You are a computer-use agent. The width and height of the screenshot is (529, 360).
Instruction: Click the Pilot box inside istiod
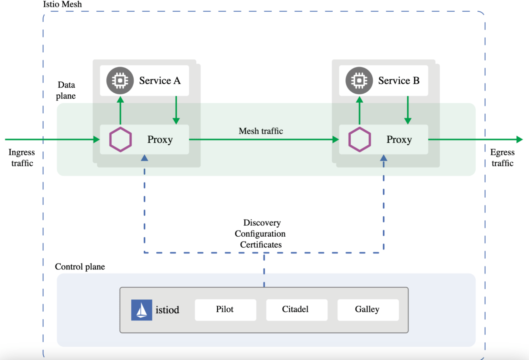tap(225, 310)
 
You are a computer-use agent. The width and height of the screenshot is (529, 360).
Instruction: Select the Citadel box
tap(296, 310)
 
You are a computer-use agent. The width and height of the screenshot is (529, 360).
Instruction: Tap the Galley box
tap(367, 310)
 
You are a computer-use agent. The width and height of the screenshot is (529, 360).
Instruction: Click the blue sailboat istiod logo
tap(142, 310)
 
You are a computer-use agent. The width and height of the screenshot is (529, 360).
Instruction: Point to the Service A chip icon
tap(120, 81)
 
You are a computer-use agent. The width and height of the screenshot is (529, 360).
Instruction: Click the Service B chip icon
tap(359, 81)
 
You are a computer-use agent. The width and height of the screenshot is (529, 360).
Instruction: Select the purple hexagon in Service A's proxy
tap(121, 140)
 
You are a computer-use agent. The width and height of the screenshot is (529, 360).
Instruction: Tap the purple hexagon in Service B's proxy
tap(360, 140)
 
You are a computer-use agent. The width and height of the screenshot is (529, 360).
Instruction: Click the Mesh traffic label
tap(261, 131)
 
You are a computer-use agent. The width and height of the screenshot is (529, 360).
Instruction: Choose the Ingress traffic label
tap(22, 157)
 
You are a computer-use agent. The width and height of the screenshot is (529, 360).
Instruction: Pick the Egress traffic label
tap(502, 157)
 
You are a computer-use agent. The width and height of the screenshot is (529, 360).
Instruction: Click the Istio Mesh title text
tap(62, 4)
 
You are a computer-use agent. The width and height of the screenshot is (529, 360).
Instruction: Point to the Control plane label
tap(80, 267)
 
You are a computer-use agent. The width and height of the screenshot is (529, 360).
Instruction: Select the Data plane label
tap(66, 90)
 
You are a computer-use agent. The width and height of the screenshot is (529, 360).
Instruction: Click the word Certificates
tap(261, 245)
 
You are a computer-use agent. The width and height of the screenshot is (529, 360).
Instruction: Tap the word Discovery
tap(262, 223)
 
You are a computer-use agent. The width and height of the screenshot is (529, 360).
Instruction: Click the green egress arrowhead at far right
tap(519, 140)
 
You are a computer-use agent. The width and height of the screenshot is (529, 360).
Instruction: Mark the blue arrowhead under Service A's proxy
tap(145, 158)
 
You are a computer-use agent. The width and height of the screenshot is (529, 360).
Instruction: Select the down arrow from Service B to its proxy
tap(408, 110)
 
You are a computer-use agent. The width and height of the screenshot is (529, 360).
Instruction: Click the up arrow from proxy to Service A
tap(120, 110)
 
